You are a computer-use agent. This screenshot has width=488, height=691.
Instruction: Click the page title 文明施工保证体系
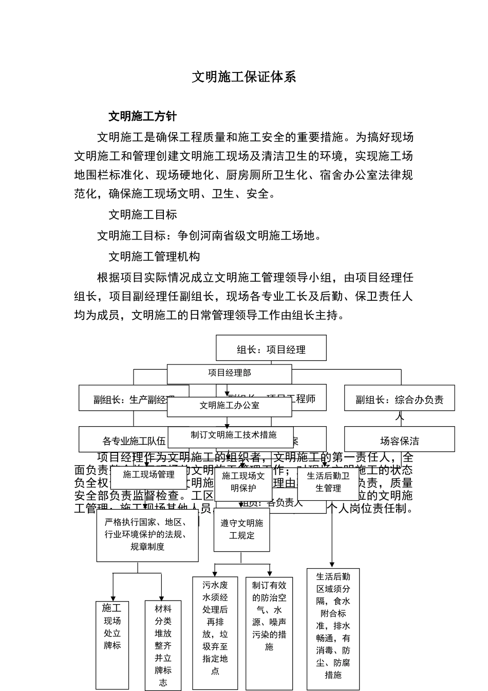(x=244, y=77)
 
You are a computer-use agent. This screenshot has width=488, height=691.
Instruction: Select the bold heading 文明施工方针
(x=142, y=116)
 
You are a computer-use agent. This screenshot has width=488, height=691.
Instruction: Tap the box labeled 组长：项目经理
(x=271, y=349)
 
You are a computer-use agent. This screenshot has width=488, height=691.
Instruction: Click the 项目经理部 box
(x=229, y=373)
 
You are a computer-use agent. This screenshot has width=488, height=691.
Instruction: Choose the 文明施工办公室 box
(x=229, y=406)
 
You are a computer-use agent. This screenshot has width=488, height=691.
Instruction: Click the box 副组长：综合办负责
(x=399, y=399)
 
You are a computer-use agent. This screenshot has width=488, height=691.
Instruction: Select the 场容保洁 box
(x=399, y=441)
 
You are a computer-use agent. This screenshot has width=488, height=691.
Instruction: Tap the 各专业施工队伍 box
(x=123, y=441)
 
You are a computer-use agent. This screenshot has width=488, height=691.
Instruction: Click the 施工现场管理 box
(x=148, y=476)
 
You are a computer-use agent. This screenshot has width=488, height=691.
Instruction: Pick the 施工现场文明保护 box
(x=243, y=482)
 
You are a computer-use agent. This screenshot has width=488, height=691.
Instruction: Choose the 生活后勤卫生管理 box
(x=328, y=482)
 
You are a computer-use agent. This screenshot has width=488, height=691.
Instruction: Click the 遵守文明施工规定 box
(x=241, y=530)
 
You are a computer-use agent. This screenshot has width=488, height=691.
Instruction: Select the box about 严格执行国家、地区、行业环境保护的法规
(x=147, y=535)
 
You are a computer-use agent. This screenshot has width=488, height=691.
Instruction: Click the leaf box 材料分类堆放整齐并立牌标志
(x=163, y=645)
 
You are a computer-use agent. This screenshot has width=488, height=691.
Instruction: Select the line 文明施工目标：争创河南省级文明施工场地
(x=211, y=236)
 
